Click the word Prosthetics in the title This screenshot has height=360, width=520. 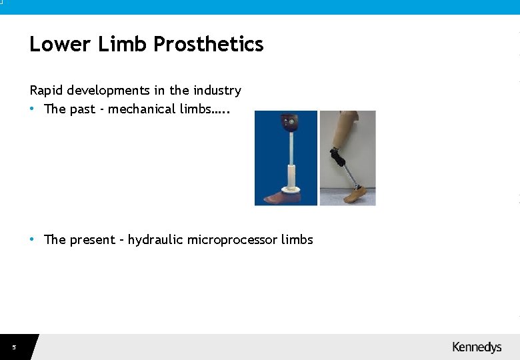(209, 45)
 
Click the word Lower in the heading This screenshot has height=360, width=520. (59, 45)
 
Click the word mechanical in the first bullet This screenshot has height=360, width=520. (142, 109)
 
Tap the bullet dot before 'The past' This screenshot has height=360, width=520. (33, 109)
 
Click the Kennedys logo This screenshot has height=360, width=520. (477, 347)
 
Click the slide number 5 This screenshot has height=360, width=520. (13, 347)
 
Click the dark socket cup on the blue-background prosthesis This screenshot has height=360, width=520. (289, 124)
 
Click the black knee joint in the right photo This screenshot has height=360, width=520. (339, 158)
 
